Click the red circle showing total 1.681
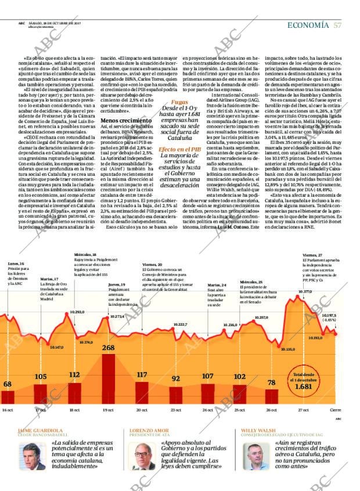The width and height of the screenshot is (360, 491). (304, 381)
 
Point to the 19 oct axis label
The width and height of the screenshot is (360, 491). (108, 410)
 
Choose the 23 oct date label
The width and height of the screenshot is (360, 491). (175, 410)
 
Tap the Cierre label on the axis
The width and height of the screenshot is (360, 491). (336, 410)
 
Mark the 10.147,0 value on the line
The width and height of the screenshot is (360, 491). (56, 347)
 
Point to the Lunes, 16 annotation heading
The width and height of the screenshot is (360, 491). (16, 263)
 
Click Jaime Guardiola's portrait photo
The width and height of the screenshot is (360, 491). (34, 456)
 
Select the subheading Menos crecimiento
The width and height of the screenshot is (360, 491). (123, 120)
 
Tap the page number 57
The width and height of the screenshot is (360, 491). (337, 24)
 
